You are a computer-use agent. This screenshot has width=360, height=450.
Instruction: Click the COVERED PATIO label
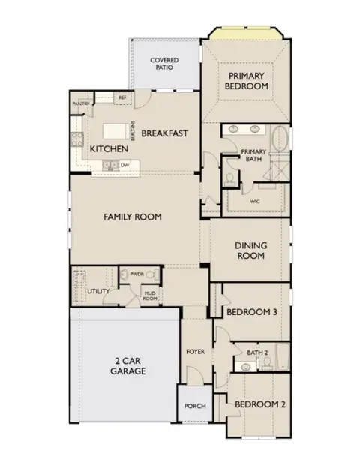[x=164, y=64]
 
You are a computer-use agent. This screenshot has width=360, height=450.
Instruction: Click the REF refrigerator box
[x=121, y=98]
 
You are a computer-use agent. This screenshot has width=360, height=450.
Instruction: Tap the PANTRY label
[x=81, y=103]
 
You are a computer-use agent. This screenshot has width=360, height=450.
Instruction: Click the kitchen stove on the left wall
[x=75, y=139]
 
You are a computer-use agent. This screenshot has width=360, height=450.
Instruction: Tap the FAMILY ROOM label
[x=132, y=217]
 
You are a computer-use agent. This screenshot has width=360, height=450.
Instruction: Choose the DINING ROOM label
[x=251, y=250]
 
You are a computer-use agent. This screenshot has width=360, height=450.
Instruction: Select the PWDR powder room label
[x=136, y=274]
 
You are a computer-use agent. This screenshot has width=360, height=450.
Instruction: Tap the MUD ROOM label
[x=150, y=295]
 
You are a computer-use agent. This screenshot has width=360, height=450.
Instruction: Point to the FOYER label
[x=196, y=351]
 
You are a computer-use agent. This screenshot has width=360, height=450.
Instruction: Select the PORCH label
[x=193, y=406]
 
